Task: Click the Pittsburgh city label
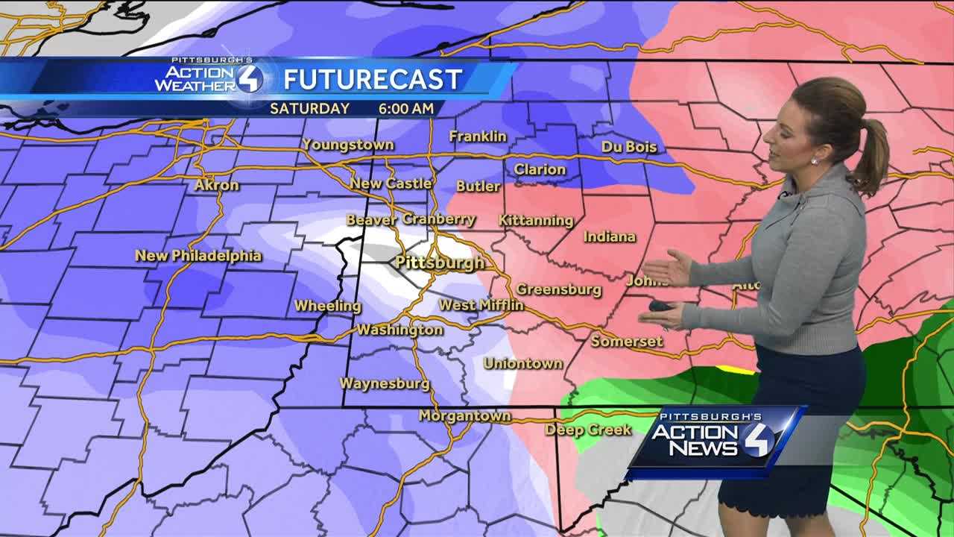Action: coord(439,263)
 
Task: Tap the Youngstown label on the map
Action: coord(348,145)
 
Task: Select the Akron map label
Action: coord(217,185)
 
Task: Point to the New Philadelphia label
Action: coord(198,256)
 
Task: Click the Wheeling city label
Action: coord(327,306)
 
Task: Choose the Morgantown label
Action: coord(465,415)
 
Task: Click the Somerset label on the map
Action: coord(627,342)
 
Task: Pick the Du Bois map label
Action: coord(629,147)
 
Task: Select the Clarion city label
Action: coord(540,169)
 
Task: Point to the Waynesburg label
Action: coord(385,383)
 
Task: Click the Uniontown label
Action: coord(522,363)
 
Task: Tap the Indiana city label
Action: coord(610,236)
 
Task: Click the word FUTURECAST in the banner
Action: coord(373,78)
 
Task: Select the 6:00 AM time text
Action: coord(405,108)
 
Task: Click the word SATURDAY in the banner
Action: coord(309,108)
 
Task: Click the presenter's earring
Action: coord(813,160)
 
